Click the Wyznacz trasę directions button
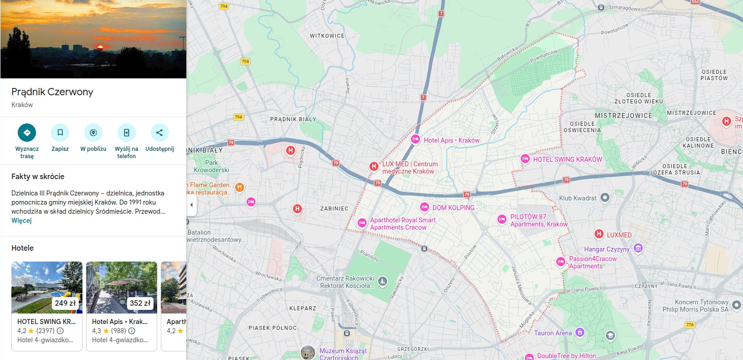[27, 133]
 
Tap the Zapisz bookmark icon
[60, 133]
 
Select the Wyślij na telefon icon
[126, 133]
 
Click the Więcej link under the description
[21, 221]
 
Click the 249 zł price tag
[65, 303]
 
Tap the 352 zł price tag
[140, 303]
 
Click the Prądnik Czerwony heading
[52, 92]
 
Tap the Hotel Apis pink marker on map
[415, 139]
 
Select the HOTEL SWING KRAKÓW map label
[567, 159]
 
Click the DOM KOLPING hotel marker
[424, 207]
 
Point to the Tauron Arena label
[553, 333]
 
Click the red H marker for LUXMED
[599, 234]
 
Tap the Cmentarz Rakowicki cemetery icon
[383, 281]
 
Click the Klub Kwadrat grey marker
[605, 198]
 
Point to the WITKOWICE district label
[327, 36]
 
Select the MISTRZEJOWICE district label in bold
[623, 116]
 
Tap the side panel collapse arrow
[191, 205]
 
